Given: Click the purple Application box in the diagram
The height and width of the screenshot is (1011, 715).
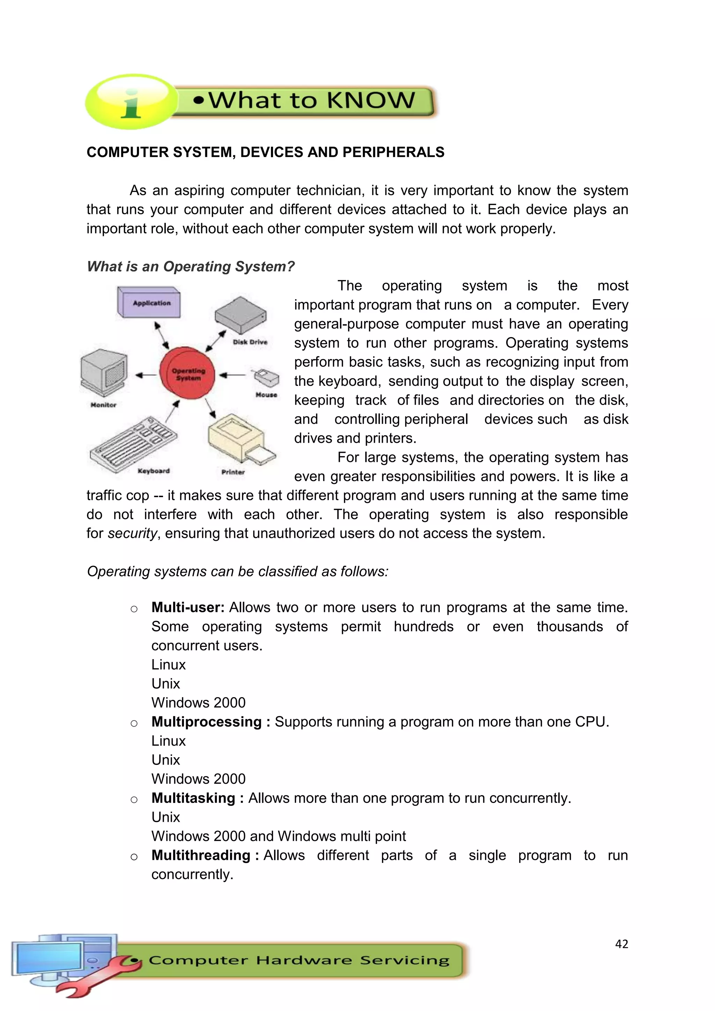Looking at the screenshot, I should (149, 303).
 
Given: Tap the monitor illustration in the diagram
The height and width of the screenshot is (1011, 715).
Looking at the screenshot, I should (104, 372).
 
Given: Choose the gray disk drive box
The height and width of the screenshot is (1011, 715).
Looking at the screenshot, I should (241, 315).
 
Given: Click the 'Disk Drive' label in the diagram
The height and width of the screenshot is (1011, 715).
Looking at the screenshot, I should (250, 342).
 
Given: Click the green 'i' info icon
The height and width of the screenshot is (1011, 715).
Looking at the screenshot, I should (131, 102).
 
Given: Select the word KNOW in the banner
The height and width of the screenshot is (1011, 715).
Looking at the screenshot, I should (371, 101).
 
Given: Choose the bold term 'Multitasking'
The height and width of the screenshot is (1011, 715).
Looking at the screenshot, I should (193, 798).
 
